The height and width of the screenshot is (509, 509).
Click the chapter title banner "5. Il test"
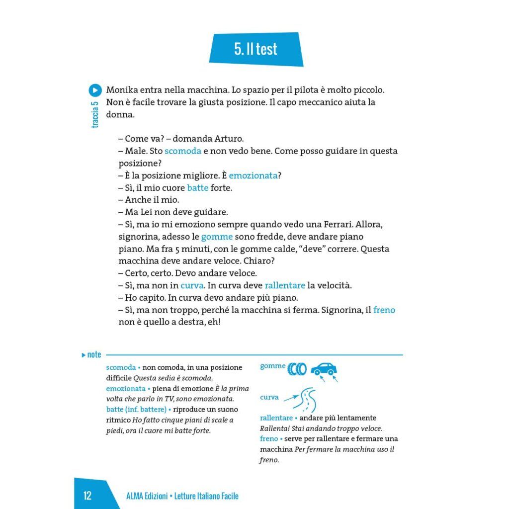[x=255, y=49]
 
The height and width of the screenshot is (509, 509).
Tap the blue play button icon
[x=95, y=90]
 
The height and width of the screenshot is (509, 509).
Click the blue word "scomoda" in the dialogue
[x=182, y=151]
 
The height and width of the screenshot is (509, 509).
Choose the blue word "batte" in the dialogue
[x=197, y=188]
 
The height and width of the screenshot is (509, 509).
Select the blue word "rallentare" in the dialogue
[x=284, y=285]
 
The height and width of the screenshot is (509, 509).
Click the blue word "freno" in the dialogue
[x=384, y=310]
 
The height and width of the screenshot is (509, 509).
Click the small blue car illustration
[x=324, y=369]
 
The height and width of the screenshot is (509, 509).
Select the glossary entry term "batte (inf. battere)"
[x=136, y=409]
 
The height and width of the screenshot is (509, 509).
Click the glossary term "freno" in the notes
[x=268, y=438]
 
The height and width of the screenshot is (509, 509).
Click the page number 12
[x=87, y=495]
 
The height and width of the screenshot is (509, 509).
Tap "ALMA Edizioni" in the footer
[x=147, y=496]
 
